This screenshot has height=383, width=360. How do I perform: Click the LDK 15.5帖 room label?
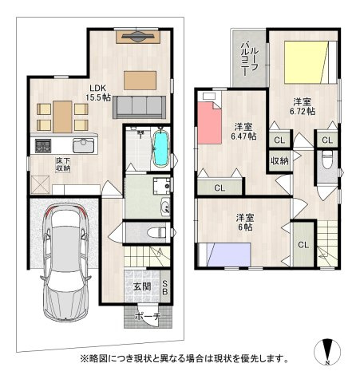[x=98, y=93]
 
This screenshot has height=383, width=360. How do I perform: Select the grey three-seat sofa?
[x=139, y=107]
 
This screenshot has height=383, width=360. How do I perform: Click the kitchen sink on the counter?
[x=83, y=145]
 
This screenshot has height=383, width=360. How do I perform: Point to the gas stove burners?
[x=43, y=146]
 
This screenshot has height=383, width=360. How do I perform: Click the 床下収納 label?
[x=63, y=164]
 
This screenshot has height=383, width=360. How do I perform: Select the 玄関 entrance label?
[x=142, y=286]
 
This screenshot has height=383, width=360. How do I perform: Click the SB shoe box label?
[x=165, y=287]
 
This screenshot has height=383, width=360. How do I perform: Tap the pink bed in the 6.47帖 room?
[x=210, y=118]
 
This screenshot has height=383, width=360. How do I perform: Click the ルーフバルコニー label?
[x=249, y=58]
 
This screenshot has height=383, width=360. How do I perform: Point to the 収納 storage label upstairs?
[x=279, y=161]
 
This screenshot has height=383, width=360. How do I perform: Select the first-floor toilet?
[x=157, y=232]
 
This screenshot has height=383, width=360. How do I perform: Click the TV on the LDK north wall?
[x=138, y=37]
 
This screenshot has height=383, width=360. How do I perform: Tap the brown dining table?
[x=62, y=116]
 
